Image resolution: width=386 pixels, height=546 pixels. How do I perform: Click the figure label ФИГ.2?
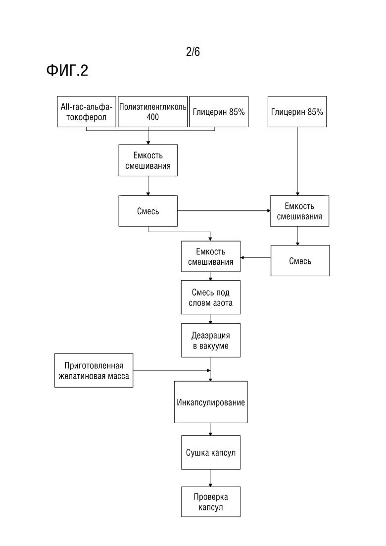tap(67, 70)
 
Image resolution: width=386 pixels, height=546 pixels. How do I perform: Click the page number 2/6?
tap(193, 51)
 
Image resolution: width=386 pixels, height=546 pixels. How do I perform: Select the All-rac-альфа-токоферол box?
tap(86, 111)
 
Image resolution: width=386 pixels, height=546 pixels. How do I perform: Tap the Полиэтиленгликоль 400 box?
tap(153, 111)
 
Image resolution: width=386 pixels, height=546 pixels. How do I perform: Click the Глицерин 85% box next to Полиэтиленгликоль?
tap(219, 111)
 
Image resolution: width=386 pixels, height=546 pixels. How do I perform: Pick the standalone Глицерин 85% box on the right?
tap(297, 111)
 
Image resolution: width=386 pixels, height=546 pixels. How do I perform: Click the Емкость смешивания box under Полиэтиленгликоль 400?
tap(148, 160)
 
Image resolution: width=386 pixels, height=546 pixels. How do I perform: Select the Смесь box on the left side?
tap(148, 211)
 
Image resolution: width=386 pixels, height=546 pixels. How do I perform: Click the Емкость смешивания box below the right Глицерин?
tap(299, 211)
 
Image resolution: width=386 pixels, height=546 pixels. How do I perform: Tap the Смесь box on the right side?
tap(300, 261)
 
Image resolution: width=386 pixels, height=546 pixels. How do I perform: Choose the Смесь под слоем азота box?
tap(211, 298)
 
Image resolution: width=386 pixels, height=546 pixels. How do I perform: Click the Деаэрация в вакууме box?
tap(211, 340)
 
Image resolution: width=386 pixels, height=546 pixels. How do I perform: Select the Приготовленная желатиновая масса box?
tap(94, 370)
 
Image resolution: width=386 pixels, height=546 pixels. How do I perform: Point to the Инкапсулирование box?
tap(211, 402)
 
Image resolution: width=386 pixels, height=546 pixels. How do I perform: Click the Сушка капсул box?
tap(211, 452)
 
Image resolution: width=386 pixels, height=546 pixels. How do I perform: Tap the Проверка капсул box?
tap(211, 502)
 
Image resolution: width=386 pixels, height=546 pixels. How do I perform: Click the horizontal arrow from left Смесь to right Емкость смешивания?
tap(224, 211)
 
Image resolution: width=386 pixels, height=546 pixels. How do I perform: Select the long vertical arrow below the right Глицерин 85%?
tap(297, 161)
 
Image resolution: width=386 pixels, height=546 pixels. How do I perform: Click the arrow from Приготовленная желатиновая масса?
tap(172, 370)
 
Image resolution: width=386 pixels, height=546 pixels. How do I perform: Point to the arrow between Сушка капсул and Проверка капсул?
tap(210, 478)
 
